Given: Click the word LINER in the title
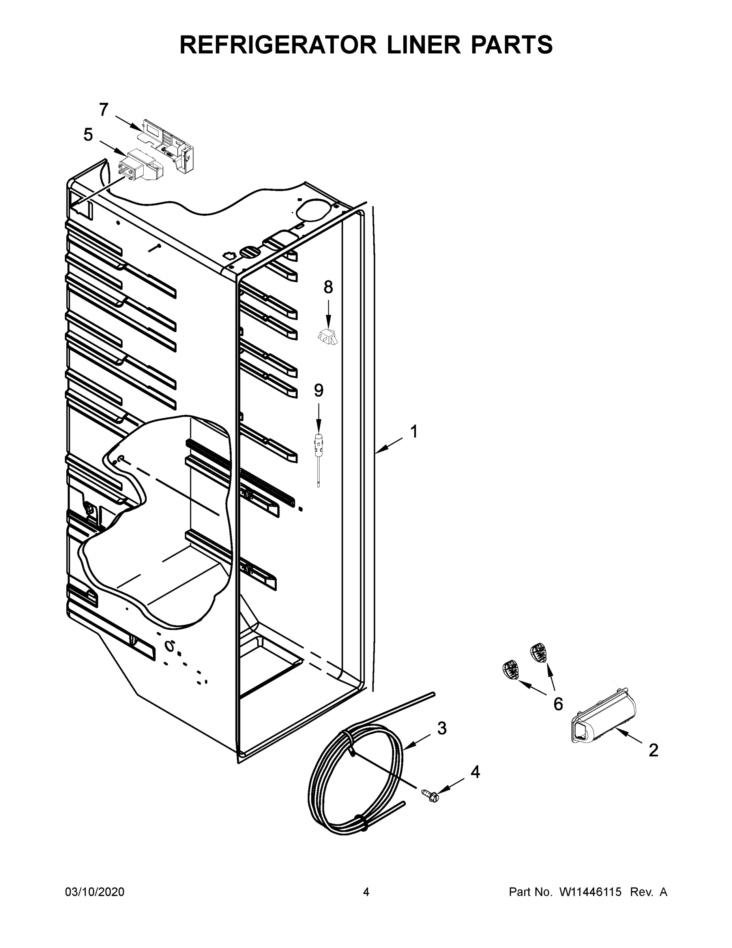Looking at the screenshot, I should coord(417,45).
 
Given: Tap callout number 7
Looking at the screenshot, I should coord(103,109).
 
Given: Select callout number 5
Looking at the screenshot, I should coord(88,135).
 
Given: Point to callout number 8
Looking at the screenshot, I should coord(328,287).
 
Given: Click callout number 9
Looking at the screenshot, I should coord(319,391).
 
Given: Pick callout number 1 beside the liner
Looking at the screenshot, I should coord(414,432).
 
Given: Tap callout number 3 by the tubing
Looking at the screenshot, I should coord(442,728).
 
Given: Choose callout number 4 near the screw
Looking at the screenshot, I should coord(475,772).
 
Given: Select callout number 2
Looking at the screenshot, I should coord(653,750).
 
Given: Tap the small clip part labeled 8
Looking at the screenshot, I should coord(328,337).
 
